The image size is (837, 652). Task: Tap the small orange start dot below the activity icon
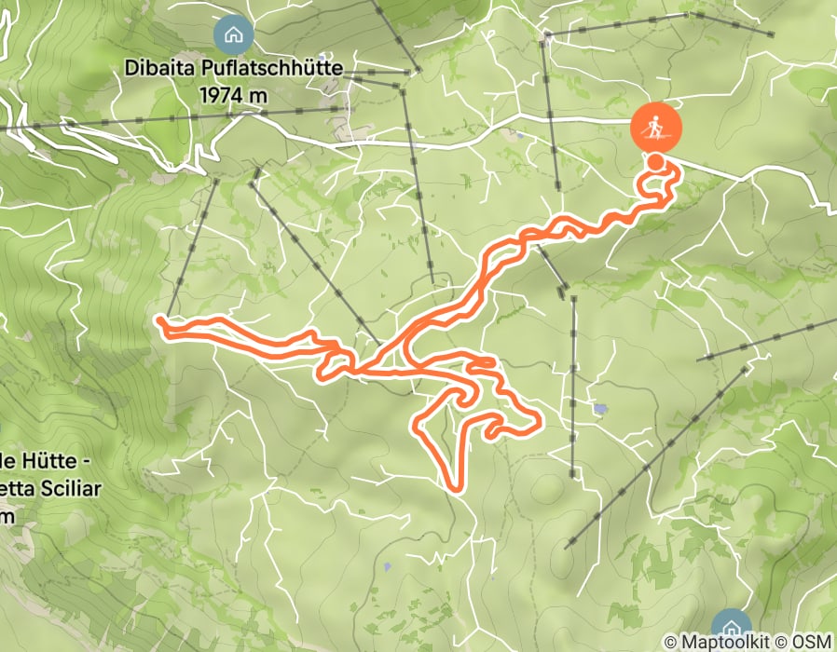pos(656,163)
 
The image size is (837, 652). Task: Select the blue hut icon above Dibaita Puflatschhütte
pos(232,35)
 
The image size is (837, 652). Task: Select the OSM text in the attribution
pos(813,642)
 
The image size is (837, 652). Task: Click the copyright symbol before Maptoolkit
pos(671,642)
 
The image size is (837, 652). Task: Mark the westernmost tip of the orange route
pos(159,320)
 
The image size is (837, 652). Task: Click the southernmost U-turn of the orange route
pos(456,485)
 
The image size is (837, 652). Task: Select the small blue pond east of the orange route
pos(598,408)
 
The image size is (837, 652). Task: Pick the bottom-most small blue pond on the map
pos(387,566)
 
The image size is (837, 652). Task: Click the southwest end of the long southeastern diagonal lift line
pos(569,546)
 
